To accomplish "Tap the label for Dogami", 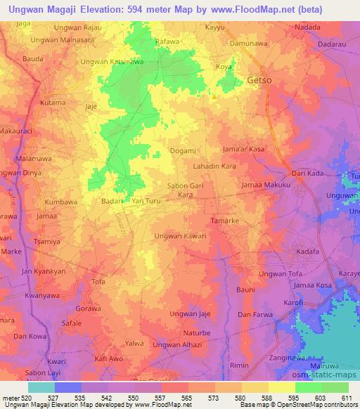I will [x=184, y=150].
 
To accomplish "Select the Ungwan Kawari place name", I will [x=180, y=236].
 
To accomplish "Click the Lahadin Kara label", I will [x=214, y=167].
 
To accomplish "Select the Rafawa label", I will [x=167, y=41].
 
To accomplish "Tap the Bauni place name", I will [x=245, y=290].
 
